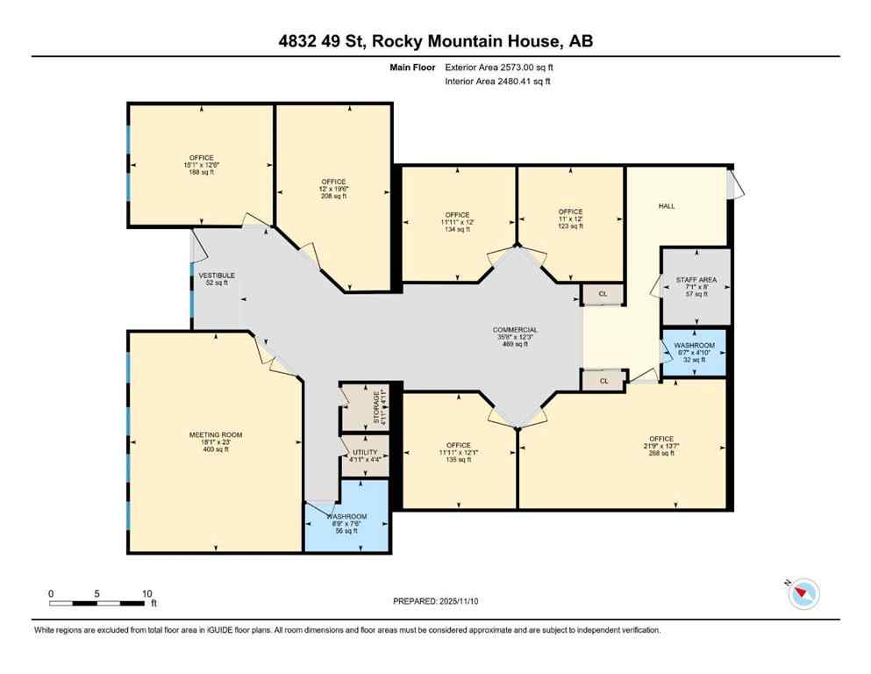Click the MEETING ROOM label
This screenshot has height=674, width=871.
pos(215,434)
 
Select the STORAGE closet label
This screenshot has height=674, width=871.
pos(377,407)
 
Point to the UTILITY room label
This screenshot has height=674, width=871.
pos(364,450)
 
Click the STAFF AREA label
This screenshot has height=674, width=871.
pos(696,280)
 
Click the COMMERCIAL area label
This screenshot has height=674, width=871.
pos(515,330)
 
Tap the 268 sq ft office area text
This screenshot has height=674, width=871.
pos(660,453)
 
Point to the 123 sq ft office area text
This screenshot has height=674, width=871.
pos(570,226)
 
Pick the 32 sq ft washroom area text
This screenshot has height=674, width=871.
pos(694,360)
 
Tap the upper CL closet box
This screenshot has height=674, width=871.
pos(603,295)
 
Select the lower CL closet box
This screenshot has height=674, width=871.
pos(603,381)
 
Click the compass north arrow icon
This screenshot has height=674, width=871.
pos(803,594)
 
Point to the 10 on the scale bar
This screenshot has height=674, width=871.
pos(146,593)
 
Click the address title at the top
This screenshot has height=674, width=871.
pos(435,41)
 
